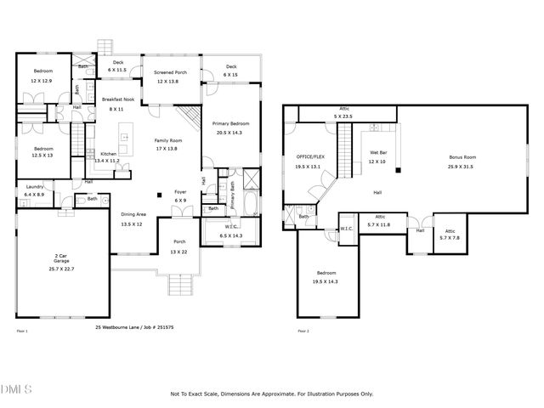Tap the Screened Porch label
(x=170, y=73)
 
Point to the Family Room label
(x=168, y=140)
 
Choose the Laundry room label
(x=35, y=186)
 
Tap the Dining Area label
(x=133, y=215)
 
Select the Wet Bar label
(x=377, y=153)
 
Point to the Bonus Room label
(x=462, y=157)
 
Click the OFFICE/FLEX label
(x=310, y=157)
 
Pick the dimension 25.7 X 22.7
(x=61, y=269)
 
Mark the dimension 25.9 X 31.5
(x=462, y=167)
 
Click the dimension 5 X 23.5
(x=344, y=116)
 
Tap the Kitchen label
(x=108, y=154)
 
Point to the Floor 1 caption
(x=22, y=331)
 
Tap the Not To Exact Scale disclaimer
(x=271, y=394)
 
